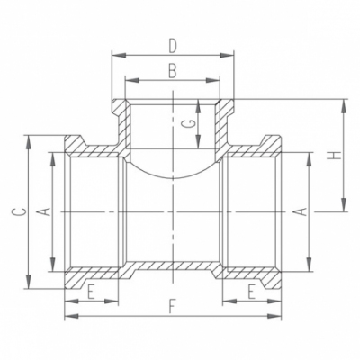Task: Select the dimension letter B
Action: (x=171, y=69)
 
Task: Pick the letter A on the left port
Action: (x=42, y=211)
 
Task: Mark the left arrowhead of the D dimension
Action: (x=114, y=54)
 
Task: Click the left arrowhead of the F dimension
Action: (x=67, y=317)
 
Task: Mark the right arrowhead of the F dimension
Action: (x=284, y=317)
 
